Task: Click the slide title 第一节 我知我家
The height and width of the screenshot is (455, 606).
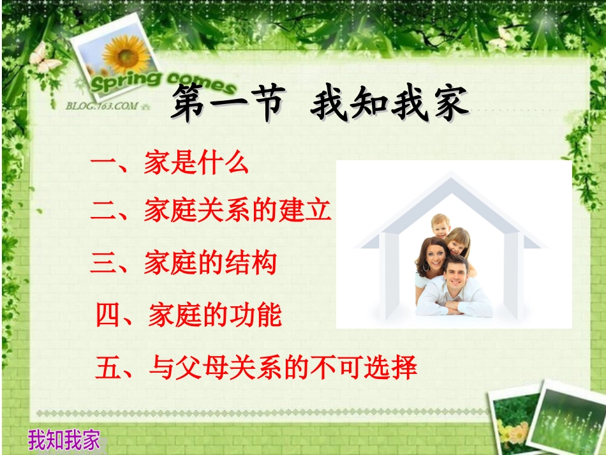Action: pyautogui.click(x=319, y=105)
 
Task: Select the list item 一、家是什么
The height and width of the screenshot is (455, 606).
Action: pyautogui.click(x=169, y=164)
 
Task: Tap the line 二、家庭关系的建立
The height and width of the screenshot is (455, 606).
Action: pyautogui.click(x=211, y=210)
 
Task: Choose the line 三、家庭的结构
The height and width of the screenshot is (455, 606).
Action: pyautogui.click(x=183, y=262)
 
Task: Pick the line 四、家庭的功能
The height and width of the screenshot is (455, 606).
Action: pyautogui.click(x=188, y=315)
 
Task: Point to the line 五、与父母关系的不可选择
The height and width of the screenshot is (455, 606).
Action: pyautogui.click(x=256, y=368)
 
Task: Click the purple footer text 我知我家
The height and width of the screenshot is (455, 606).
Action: pyautogui.click(x=64, y=440)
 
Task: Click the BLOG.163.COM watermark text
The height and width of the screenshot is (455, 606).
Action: pyautogui.click(x=102, y=106)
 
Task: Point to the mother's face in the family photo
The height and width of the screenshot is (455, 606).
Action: pyautogui.click(x=432, y=254)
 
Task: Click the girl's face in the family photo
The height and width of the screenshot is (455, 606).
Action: pyautogui.click(x=457, y=241)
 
